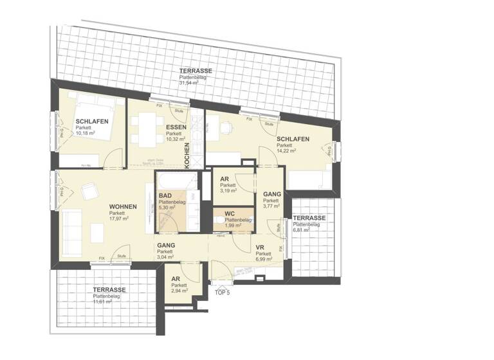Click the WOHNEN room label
point(122,206)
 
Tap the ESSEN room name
point(176,127)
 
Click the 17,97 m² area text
point(119,219)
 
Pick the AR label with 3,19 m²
point(224,179)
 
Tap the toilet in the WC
point(221,222)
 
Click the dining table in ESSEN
point(145,129)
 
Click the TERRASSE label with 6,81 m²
point(309,219)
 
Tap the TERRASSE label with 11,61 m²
point(108,289)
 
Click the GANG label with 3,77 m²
point(271,194)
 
